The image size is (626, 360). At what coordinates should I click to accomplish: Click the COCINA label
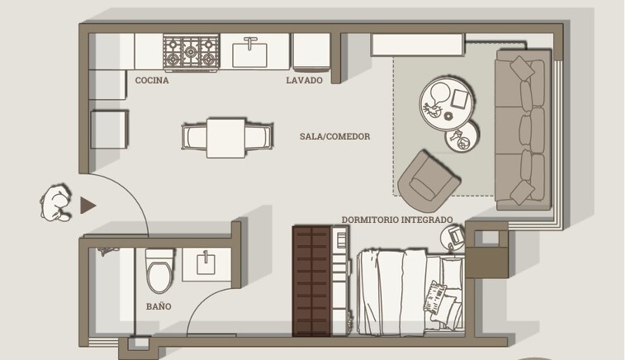coord(152,80)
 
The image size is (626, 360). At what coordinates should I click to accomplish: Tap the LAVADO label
coord(304,80)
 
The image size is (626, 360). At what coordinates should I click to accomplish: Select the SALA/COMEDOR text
coord(335,136)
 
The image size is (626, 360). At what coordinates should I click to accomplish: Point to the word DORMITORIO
coord(370,220)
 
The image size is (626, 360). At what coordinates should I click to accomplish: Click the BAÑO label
coord(159,306)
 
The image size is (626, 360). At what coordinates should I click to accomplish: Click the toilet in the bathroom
coord(160,271)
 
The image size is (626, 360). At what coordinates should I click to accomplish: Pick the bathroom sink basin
coord(206,264)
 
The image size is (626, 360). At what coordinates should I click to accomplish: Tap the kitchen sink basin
coord(250,54)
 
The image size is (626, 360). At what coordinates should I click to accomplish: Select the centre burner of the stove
coord(191,51)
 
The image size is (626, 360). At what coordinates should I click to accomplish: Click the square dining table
coord(226,138)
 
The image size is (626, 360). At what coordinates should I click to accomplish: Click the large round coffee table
coord(447,103)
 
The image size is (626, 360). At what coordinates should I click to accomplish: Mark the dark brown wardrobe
coord(311,281)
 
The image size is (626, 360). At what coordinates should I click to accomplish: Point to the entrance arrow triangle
coord(88,206)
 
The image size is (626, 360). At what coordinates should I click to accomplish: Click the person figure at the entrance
coord(56,203)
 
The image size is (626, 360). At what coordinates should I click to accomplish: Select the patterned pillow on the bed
coord(434,298)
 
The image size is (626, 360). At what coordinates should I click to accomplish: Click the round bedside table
coord(453,239)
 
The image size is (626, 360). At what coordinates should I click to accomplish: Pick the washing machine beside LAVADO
coord(311,52)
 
